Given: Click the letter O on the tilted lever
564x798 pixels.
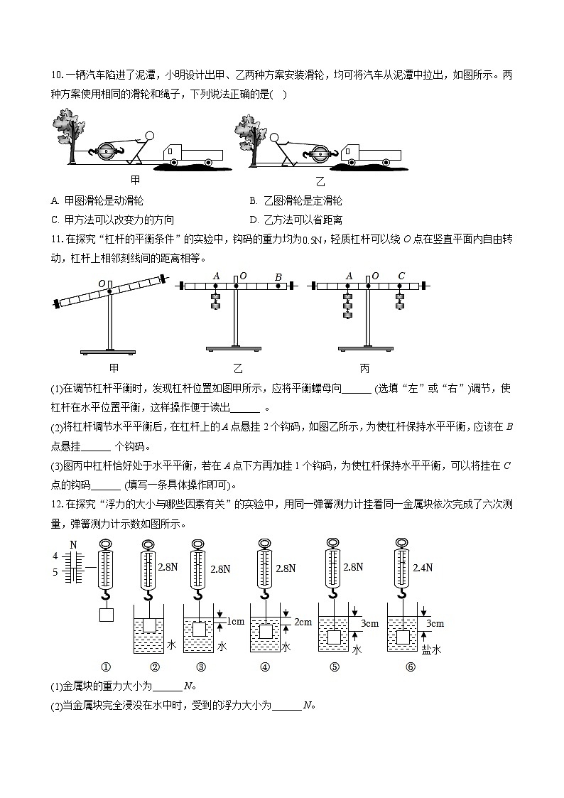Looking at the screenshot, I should coord(102,284).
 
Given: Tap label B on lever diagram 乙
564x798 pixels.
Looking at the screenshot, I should coord(278,277).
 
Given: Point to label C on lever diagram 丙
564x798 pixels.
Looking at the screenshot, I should coord(401,276).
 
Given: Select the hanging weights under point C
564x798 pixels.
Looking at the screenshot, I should coord(400,301).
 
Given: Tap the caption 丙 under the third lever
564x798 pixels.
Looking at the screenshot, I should coord(364,368).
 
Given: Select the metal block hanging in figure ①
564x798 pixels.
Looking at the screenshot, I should coord(107,615).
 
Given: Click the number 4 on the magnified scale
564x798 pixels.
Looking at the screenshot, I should coord(55,555).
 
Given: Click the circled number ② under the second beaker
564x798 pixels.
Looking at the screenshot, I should coord(155,667).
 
